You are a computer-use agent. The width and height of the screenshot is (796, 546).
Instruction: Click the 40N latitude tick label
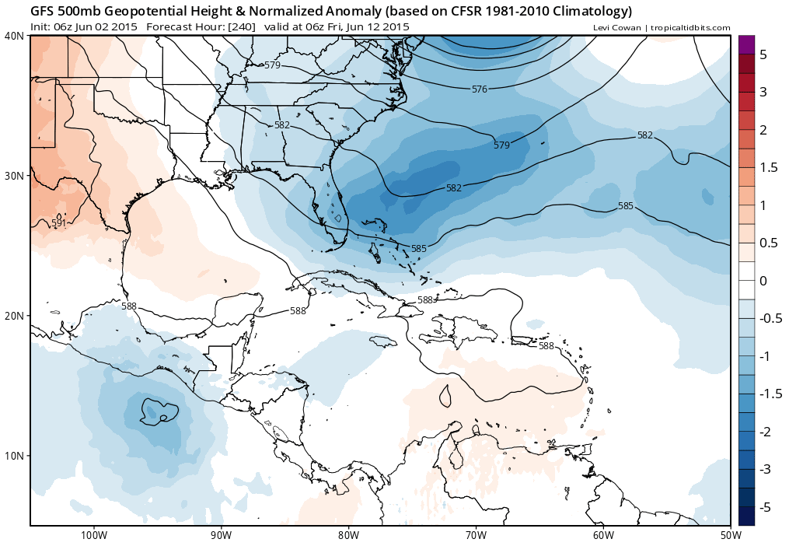[14, 36]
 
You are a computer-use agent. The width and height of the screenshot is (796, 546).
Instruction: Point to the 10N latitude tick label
[14, 456]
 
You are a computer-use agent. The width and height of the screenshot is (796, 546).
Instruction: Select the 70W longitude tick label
[476, 535]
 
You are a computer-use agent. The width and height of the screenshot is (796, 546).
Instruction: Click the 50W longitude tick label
[729, 535]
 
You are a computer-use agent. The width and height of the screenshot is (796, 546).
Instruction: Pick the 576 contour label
[480, 89]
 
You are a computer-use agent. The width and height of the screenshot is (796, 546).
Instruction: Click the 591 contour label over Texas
[58, 223]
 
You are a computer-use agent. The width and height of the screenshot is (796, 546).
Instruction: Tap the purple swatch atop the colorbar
[745, 45]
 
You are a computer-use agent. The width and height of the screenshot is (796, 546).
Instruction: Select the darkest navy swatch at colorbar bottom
[745, 516]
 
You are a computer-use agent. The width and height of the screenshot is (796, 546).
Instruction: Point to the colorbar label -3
[764, 470]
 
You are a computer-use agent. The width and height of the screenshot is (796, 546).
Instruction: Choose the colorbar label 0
[763, 281]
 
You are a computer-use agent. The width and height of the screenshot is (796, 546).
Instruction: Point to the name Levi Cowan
[618, 27]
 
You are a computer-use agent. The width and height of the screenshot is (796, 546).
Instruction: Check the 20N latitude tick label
[14, 316]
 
